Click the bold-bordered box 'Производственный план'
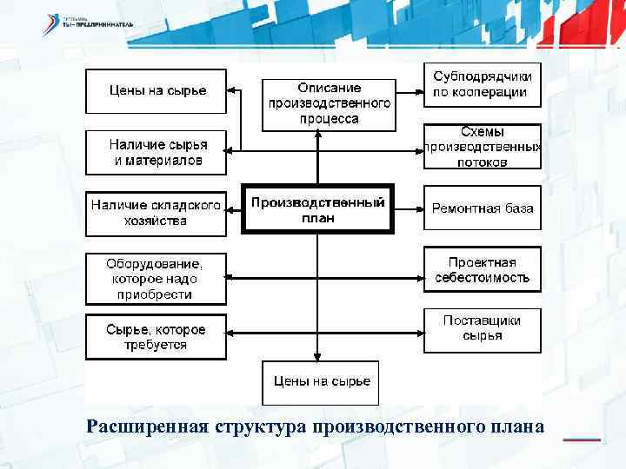pos(318,208)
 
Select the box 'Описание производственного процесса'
pos(328,103)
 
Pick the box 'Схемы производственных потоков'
pos(482,147)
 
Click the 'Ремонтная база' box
pos(483,208)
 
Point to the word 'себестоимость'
pos(483,277)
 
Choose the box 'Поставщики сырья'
pos(482,327)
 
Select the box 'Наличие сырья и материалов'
pos(156,152)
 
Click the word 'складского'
pos(185,206)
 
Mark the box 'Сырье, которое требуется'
pos(156,337)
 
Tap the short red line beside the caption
pos(582,439)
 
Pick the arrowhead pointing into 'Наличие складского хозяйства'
pos(232,208)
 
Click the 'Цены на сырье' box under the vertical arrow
pos(321,381)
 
